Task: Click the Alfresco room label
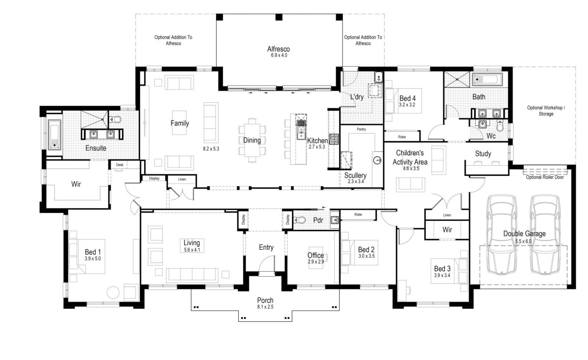tap(278, 49)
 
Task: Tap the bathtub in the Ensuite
tap(53, 134)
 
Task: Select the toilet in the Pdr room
tap(300, 220)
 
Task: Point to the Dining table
tap(252, 141)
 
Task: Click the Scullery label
tap(355, 175)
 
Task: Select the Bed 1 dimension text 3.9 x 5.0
tap(92, 258)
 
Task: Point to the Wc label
tap(491, 136)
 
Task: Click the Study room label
tap(483, 154)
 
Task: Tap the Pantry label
tap(362, 130)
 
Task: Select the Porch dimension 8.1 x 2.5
tap(266, 307)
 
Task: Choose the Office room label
tap(316, 255)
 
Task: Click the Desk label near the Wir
tap(120, 165)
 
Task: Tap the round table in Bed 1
tap(113, 292)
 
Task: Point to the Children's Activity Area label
tap(412, 157)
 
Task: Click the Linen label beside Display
tap(182, 179)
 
